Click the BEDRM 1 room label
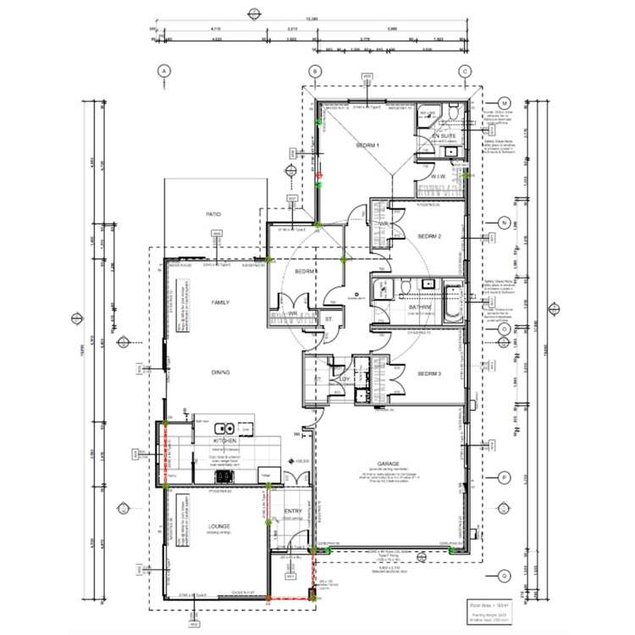(367, 146)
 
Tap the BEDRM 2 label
(432, 236)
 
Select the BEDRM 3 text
(432, 372)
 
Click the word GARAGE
(389, 464)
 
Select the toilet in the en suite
(453, 113)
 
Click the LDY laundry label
(345, 379)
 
